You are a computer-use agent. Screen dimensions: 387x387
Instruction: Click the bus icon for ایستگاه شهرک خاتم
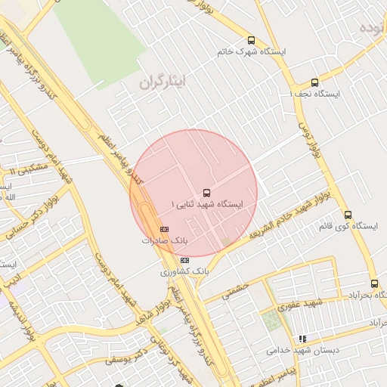[251, 41]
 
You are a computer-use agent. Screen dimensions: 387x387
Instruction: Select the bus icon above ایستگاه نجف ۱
[314, 82]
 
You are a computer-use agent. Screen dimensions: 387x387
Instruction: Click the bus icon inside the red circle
[207, 193]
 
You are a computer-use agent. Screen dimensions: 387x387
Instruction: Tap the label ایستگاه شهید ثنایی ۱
[207, 205]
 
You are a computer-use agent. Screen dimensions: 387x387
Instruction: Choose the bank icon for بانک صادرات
[164, 229]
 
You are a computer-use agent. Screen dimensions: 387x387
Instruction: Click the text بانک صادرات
[164, 240]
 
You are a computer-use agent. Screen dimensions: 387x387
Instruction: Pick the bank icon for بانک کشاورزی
[185, 260]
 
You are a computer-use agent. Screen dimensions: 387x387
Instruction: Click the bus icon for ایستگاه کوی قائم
[347, 215]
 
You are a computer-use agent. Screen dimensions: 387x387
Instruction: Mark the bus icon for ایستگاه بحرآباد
[374, 283]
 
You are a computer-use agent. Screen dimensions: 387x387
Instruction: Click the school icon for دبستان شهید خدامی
[303, 339]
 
